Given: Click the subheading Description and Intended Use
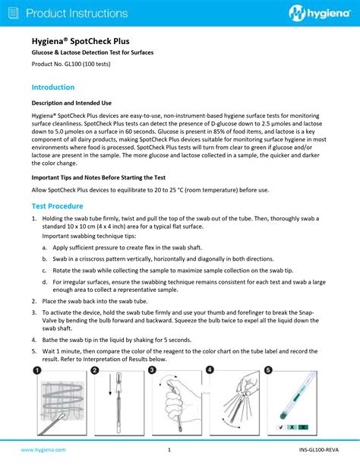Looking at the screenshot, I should [71, 103].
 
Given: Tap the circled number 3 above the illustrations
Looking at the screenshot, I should [153, 370].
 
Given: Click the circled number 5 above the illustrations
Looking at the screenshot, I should [268, 370].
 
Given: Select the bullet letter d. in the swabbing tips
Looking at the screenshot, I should [45, 282].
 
